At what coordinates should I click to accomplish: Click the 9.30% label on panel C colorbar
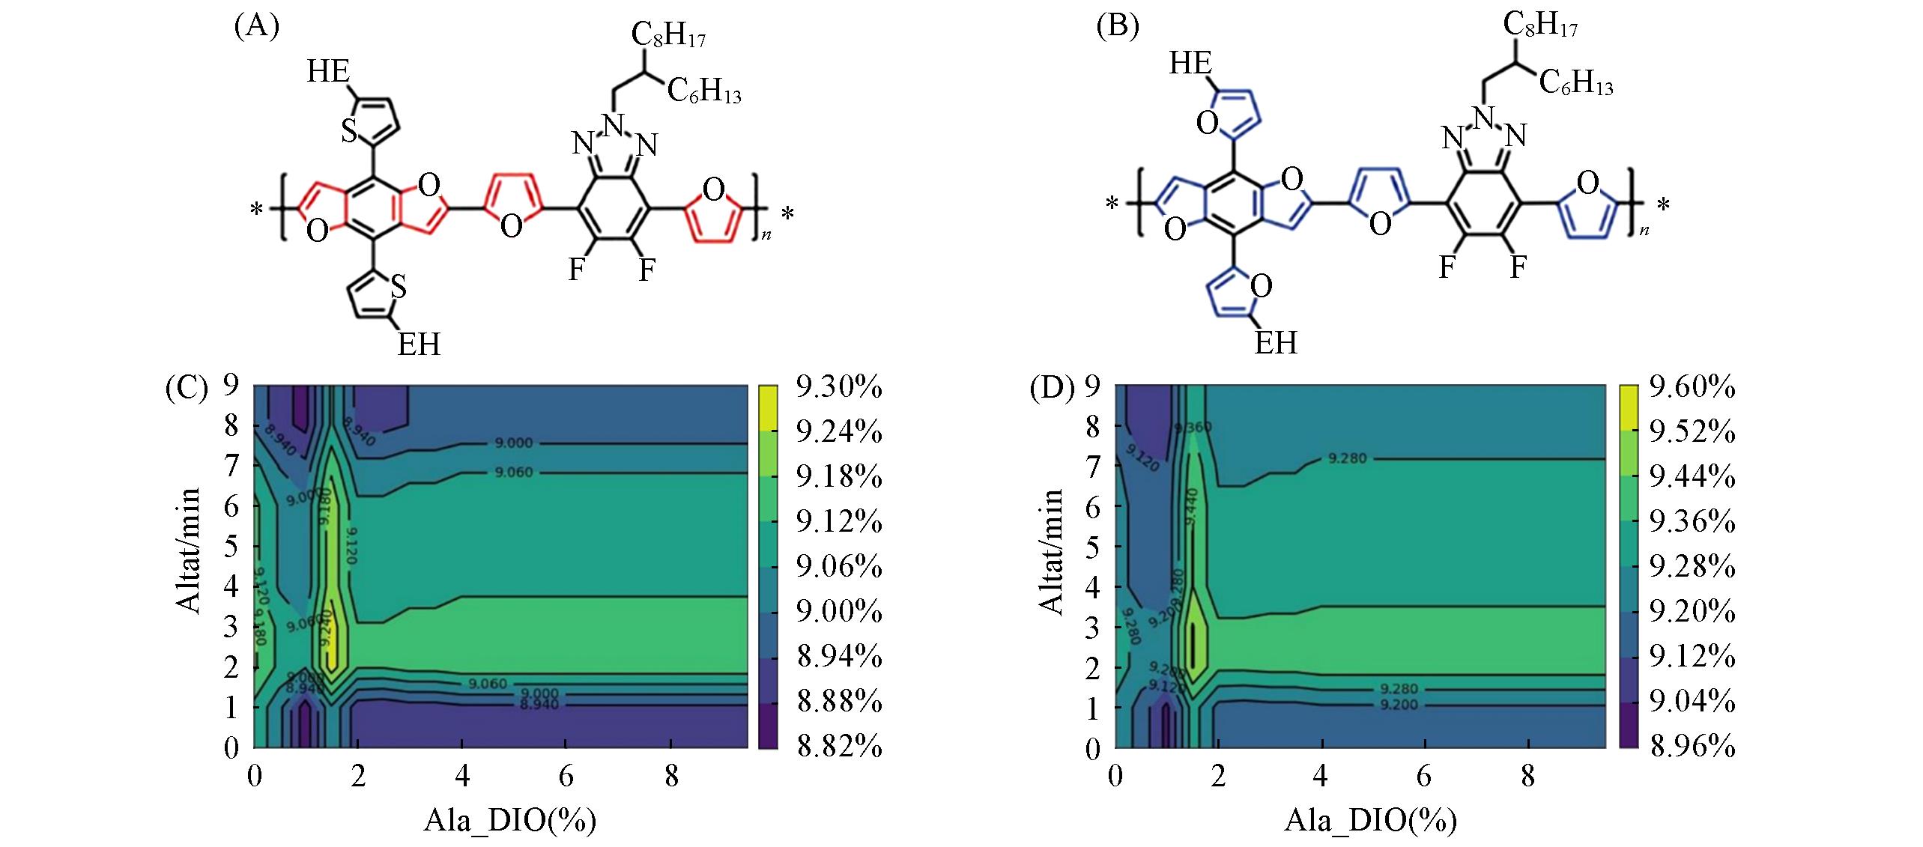[x=838, y=389]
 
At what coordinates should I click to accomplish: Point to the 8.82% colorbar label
[x=838, y=747]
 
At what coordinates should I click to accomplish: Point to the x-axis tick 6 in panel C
[x=566, y=777]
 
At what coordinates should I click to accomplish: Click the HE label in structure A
[x=328, y=72]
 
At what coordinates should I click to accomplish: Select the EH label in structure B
[x=1276, y=342]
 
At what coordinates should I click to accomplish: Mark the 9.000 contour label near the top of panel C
[x=513, y=443]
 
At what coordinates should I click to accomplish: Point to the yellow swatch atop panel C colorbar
[x=769, y=407]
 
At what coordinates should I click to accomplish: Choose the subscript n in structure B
[x=1638, y=231]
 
